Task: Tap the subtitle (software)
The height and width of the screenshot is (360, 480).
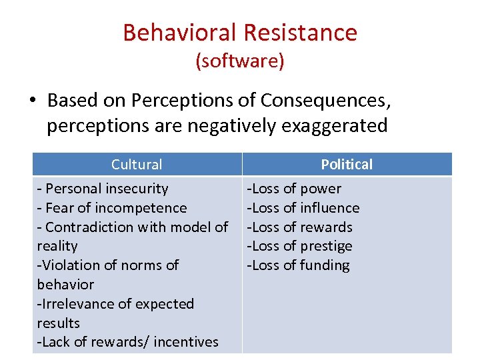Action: click(240, 61)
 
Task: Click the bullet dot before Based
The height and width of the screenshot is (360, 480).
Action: click(32, 101)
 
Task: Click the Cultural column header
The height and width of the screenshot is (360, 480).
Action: click(137, 165)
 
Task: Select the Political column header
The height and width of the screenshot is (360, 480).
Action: click(347, 165)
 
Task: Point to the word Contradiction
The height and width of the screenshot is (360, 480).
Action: click(89, 227)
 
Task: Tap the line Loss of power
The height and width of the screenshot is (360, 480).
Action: click(295, 189)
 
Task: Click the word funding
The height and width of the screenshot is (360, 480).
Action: click(325, 265)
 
